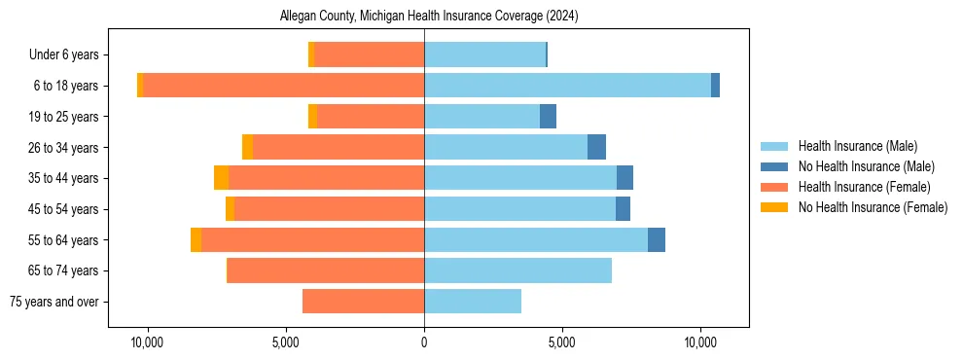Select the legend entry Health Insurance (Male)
(x=857, y=146)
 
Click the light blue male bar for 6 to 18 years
(x=567, y=86)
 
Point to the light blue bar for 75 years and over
(x=473, y=302)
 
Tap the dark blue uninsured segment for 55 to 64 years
(x=657, y=239)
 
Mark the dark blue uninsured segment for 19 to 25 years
(x=548, y=117)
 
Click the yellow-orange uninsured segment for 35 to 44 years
(x=222, y=178)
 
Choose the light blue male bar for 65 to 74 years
(x=517, y=270)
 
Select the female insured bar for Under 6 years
(x=370, y=54)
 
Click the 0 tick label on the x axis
(x=424, y=343)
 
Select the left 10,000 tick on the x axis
(x=147, y=343)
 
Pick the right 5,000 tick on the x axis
(x=562, y=343)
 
